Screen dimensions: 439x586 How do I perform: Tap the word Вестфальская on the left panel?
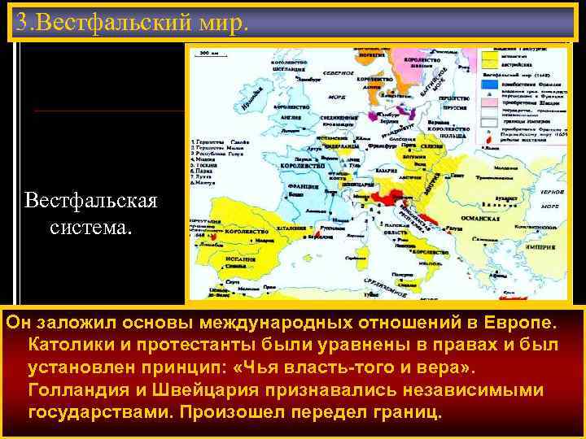tap(91, 200)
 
